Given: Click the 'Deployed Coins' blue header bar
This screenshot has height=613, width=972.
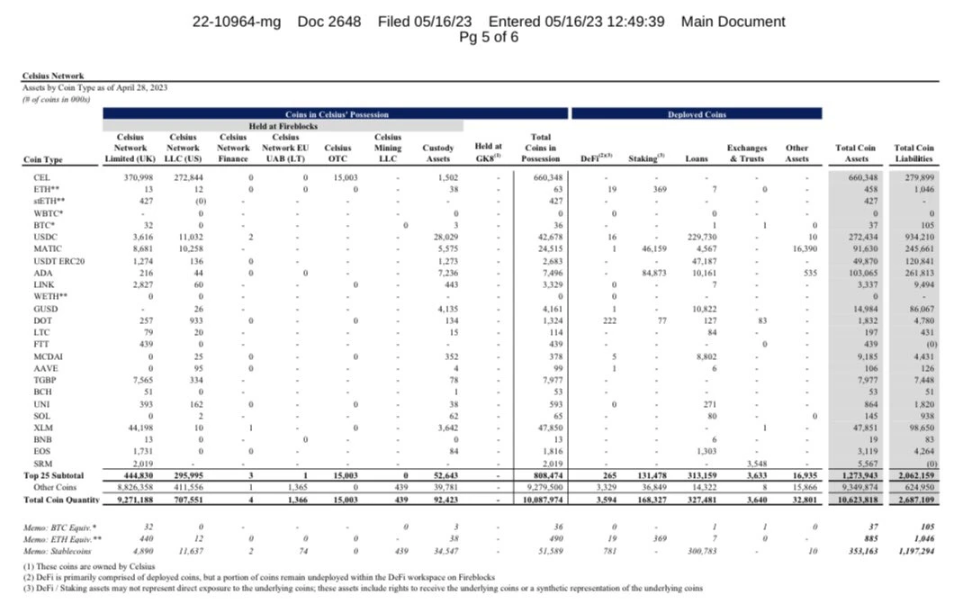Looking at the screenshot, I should [x=696, y=114].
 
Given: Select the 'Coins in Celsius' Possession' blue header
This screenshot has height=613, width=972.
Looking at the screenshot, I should [x=336, y=114].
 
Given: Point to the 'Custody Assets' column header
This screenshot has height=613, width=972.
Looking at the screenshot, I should [x=437, y=153].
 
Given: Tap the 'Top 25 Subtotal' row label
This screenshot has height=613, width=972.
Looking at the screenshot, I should [x=53, y=474].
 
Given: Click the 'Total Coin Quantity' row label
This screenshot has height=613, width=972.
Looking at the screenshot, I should [x=59, y=498].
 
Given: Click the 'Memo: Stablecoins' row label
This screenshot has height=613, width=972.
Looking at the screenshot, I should [x=63, y=547].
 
